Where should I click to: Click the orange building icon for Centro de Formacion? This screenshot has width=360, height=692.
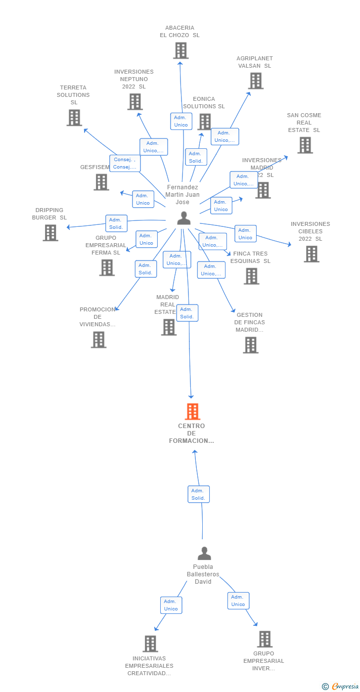click(x=192, y=411)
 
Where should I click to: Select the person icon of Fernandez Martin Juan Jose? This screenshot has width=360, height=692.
click(x=183, y=218)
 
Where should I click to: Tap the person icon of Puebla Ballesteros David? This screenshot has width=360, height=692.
click(x=204, y=553)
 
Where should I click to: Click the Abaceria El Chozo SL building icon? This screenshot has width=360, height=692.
click(x=180, y=50)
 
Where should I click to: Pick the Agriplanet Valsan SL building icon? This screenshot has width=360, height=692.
click(x=255, y=81)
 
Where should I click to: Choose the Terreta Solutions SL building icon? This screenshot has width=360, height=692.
click(x=74, y=118)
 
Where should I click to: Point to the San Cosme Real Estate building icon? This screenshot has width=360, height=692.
click(x=305, y=145)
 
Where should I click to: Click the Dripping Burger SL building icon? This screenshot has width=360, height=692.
click(x=50, y=232)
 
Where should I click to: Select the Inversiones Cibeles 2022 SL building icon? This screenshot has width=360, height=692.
click(x=311, y=254)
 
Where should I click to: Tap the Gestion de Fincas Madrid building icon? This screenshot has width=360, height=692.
click(x=251, y=345)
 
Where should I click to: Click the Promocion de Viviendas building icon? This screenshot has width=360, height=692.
click(x=98, y=340)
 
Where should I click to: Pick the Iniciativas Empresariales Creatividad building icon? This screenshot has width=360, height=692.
click(x=150, y=644)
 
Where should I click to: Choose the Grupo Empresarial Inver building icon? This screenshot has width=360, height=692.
click(x=265, y=639)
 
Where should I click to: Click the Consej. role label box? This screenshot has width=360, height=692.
click(x=125, y=163)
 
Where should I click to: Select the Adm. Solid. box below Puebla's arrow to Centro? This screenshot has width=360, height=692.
click(x=198, y=494)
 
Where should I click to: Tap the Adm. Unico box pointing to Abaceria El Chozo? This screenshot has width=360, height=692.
click(x=181, y=121)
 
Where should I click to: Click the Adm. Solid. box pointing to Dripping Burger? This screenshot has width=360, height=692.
click(x=116, y=223)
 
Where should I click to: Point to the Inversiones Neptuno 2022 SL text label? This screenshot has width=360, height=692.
click(x=134, y=79)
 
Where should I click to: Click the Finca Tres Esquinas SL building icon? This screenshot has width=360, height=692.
click(x=251, y=276)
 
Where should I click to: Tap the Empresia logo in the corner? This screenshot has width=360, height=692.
click(x=342, y=686)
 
